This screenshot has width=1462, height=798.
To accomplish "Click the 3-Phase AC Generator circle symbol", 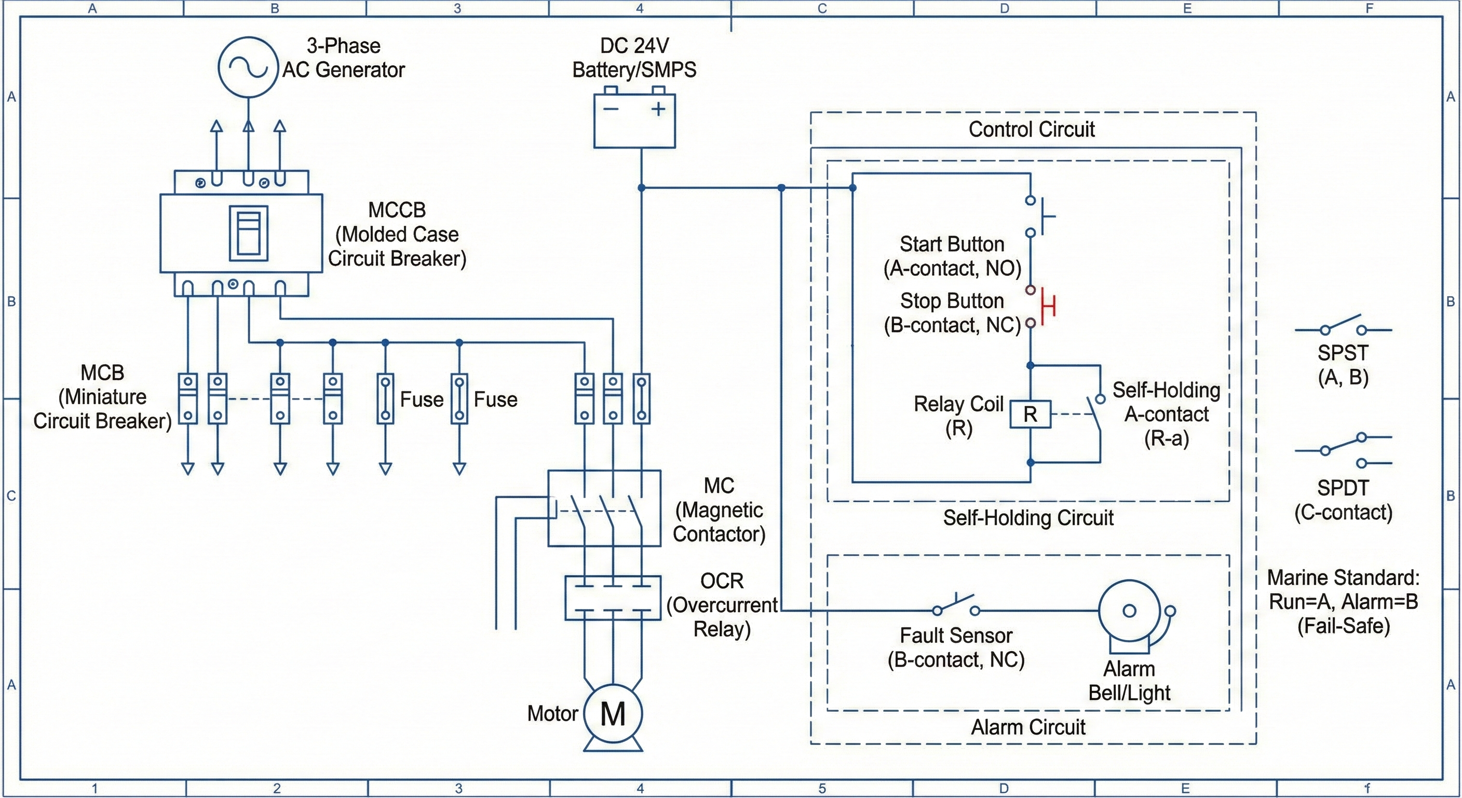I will pos(248,67).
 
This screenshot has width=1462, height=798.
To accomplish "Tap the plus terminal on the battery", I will pos(658,109).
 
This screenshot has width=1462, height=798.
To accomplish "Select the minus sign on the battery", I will pos(611,109).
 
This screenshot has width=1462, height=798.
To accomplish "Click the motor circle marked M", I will pos(613,713).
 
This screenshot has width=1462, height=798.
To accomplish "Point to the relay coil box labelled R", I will pos(1030,414).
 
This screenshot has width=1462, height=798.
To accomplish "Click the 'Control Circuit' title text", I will pos(1031,129).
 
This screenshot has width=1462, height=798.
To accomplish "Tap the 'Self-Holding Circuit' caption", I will pos(1028,518).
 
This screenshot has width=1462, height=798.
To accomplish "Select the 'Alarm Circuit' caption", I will pos(1028,727).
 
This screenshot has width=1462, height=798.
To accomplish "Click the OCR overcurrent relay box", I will pos(613,597).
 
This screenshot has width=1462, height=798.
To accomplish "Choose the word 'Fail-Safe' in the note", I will pos(1344,626).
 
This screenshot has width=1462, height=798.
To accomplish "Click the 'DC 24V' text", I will pos(634,45).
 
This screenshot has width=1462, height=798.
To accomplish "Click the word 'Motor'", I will pos(552,713).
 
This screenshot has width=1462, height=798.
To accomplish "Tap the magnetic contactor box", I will pos(604,508).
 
